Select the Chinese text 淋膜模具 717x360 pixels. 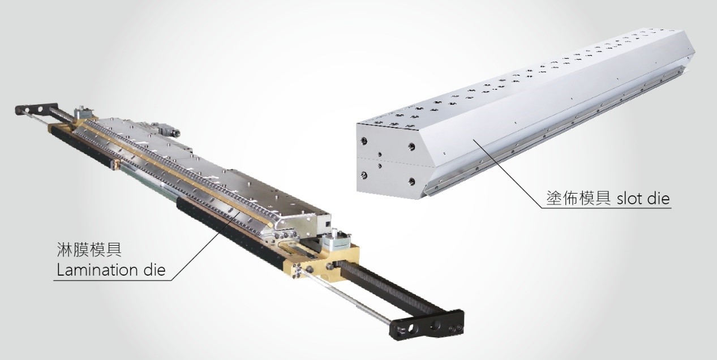point(89,250)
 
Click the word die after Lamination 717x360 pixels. point(154,270)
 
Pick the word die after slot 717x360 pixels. point(658,199)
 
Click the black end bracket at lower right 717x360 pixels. point(426,324)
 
